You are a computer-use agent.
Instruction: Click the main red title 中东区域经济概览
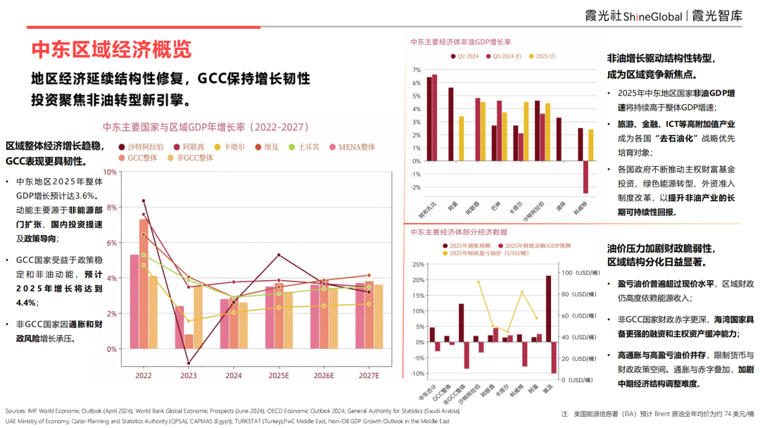(111, 49)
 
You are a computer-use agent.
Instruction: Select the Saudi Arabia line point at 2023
(189, 363)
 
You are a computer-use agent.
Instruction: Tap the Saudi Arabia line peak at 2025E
(279, 255)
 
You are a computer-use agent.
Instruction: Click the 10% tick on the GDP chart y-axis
(110, 172)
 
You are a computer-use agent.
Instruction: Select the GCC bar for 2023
(189, 341)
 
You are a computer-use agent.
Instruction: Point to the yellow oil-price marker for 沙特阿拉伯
(479, 282)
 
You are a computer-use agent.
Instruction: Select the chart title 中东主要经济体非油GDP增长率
(460, 42)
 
